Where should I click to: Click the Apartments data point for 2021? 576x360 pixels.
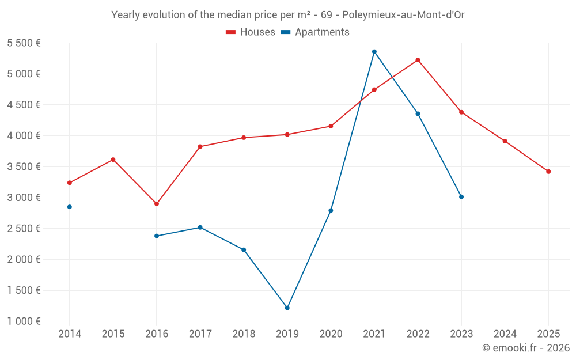(x=374, y=52)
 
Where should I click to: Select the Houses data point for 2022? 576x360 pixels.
(x=418, y=60)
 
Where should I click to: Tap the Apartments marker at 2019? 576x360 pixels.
(x=287, y=308)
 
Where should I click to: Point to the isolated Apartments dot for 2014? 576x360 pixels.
(x=70, y=207)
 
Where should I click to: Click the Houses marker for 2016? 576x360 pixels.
(x=157, y=204)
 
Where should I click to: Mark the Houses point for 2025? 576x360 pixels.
(x=548, y=172)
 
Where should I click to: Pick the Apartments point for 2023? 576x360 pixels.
(x=461, y=197)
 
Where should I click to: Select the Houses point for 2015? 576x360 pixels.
(x=113, y=160)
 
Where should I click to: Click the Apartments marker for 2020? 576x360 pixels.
(x=331, y=211)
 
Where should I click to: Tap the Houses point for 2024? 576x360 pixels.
(x=505, y=141)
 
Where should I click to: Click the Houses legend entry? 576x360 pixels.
(x=251, y=32)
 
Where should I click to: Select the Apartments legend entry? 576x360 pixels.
(x=315, y=32)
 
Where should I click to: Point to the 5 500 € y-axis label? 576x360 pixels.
(x=24, y=43)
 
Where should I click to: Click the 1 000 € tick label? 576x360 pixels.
(x=24, y=321)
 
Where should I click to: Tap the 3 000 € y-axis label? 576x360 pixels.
(x=24, y=198)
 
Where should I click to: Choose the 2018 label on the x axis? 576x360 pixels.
(x=244, y=334)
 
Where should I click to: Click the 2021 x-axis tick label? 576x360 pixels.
(x=374, y=334)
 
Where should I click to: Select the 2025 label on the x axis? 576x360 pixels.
(x=548, y=334)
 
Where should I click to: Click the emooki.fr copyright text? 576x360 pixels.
(x=525, y=348)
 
